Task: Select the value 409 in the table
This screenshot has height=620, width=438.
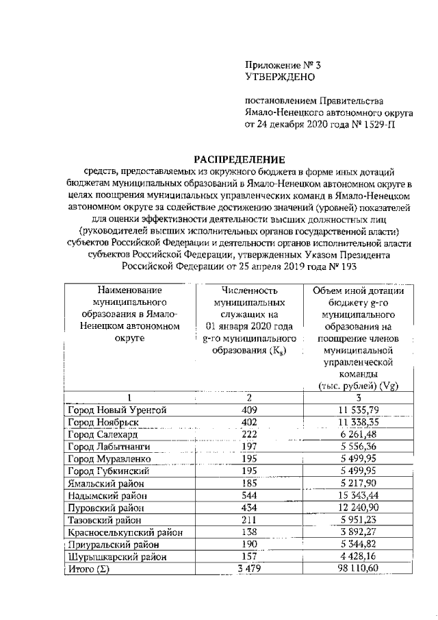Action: coord(249,410)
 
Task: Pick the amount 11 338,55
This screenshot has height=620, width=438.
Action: coord(358,422)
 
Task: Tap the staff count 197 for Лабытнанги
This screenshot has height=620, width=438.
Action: coord(249,447)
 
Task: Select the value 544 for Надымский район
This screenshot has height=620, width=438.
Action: coord(249,495)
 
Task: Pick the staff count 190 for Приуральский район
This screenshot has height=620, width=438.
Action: coord(249,545)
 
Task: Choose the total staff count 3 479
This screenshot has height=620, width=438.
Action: coord(249,569)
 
